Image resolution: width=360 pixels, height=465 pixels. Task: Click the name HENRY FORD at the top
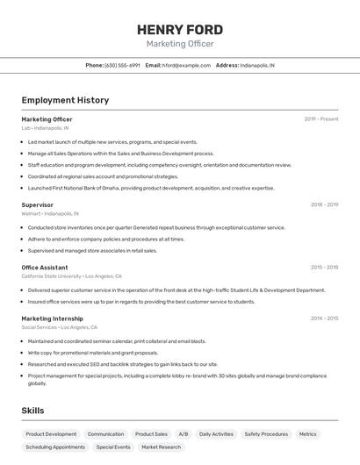click(x=179, y=29)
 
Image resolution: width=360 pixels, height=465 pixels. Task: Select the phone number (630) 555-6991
click(x=122, y=65)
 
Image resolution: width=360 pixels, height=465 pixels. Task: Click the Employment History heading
click(x=65, y=100)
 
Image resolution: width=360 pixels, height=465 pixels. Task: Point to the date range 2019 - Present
click(x=321, y=119)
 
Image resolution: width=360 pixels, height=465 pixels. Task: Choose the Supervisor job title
click(x=37, y=204)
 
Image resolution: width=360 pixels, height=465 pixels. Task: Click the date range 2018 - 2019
click(x=324, y=204)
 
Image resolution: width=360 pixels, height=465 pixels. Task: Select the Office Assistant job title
click(x=45, y=268)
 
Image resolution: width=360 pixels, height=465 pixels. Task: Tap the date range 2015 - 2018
click(x=324, y=268)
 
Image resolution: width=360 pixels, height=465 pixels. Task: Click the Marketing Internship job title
click(x=52, y=318)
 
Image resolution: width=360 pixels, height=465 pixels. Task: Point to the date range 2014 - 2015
click(x=324, y=318)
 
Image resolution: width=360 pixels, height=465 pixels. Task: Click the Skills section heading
click(x=32, y=411)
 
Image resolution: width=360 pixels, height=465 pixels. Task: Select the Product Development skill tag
click(x=51, y=434)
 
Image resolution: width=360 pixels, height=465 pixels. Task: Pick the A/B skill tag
click(x=183, y=434)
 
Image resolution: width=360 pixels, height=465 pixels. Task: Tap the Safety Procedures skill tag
click(x=266, y=434)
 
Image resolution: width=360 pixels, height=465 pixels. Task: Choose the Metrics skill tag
click(x=307, y=434)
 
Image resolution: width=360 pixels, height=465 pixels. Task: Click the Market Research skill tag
click(x=161, y=447)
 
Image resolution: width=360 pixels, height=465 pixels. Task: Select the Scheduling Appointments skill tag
click(x=55, y=447)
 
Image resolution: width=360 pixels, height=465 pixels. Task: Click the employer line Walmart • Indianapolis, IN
click(x=50, y=213)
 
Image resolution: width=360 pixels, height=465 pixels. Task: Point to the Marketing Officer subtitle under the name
click(x=179, y=44)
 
